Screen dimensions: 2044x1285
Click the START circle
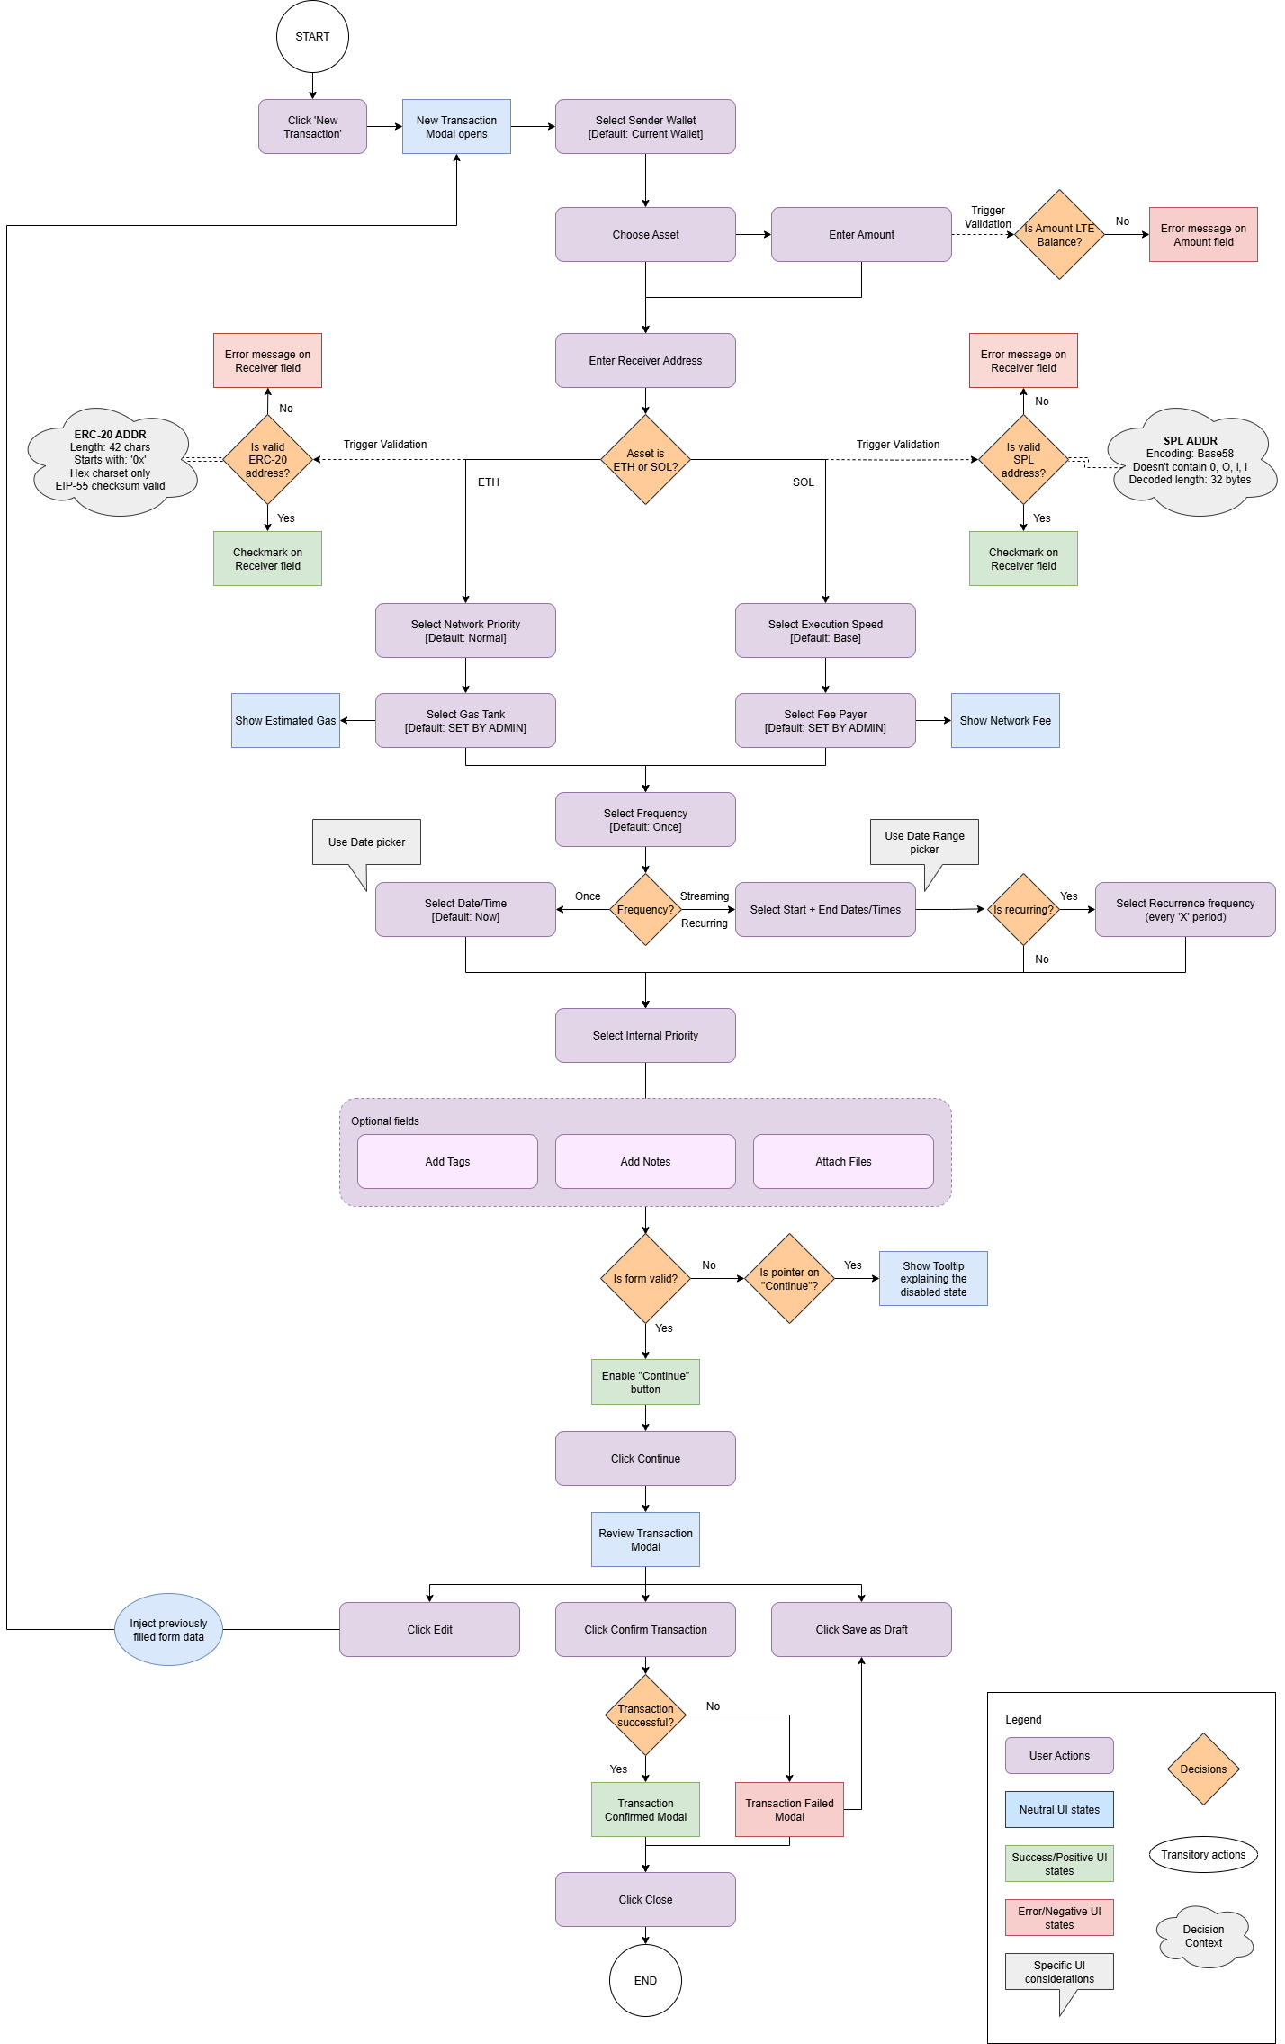pyautogui.click(x=312, y=37)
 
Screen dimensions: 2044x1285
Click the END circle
pyautogui.click(x=645, y=1980)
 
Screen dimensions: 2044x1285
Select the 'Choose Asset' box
pyautogui.click(x=645, y=235)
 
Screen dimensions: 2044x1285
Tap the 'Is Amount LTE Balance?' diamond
pyautogui.click(x=1059, y=235)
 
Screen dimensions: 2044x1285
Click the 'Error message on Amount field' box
pyautogui.click(x=1203, y=235)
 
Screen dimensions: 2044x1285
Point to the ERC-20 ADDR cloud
pyautogui.click(x=111, y=461)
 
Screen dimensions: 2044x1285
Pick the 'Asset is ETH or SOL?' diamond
pyautogui.click(x=645, y=460)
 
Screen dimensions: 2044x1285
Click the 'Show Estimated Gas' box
pyautogui.click(x=285, y=720)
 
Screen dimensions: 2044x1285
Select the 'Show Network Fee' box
pyautogui.click(x=1005, y=720)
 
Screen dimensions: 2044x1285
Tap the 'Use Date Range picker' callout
pyautogui.click(x=924, y=842)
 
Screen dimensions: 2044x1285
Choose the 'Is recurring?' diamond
pyautogui.click(x=1023, y=909)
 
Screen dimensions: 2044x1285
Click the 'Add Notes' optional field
pyautogui.click(x=645, y=1161)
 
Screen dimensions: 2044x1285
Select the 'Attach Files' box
pyautogui.click(x=843, y=1161)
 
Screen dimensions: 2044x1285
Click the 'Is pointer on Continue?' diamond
pyautogui.click(x=789, y=1278)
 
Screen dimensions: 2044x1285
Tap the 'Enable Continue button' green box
pyautogui.click(x=645, y=1382)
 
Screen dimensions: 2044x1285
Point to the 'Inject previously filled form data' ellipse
pyautogui.click(x=168, y=1629)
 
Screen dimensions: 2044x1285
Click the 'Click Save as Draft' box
pyautogui.click(x=861, y=1629)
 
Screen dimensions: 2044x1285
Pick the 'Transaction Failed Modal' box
pyautogui.click(x=789, y=1809)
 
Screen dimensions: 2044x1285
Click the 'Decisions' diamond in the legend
pyautogui.click(x=1203, y=1769)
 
